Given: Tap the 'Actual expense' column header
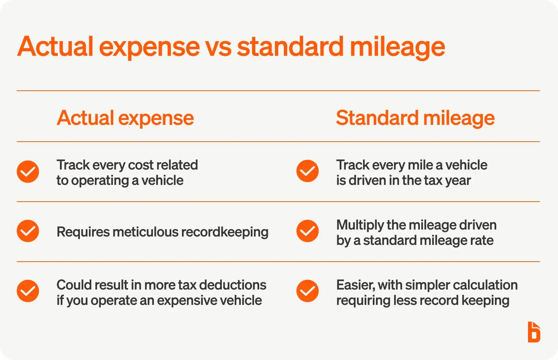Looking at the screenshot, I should [x=125, y=118].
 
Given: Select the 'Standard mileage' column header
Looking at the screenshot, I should [x=415, y=118].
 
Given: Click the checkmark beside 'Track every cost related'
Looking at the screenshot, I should [x=28, y=172].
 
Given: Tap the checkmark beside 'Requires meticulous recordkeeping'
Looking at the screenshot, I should [x=28, y=231].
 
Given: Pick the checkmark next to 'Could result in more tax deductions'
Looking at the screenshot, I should [x=28, y=291].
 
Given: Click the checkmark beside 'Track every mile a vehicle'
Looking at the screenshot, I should [x=308, y=171].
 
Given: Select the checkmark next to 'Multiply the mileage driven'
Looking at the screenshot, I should [x=308, y=231].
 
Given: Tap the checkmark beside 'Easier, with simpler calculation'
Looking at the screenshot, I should [x=308, y=291].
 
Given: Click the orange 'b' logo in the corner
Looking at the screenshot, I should [x=534, y=332].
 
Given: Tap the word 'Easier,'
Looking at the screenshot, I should [x=355, y=285].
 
